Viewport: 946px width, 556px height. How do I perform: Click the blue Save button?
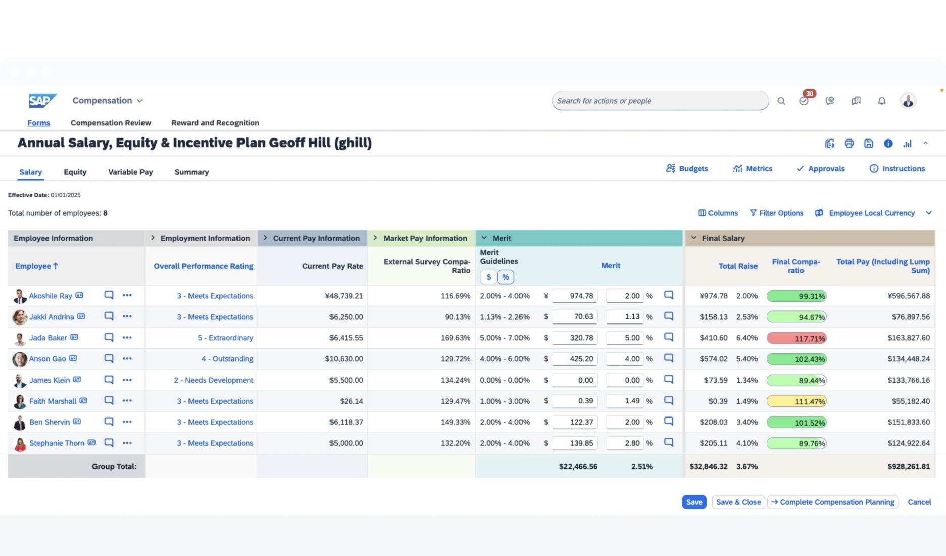click(x=694, y=502)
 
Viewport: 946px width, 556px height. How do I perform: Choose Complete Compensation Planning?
click(x=832, y=502)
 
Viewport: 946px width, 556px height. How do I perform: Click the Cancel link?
click(x=919, y=502)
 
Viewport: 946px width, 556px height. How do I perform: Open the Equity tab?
click(x=75, y=172)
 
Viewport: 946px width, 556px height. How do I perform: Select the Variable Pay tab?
click(x=130, y=172)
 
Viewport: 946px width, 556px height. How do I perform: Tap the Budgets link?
click(x=687, y=168)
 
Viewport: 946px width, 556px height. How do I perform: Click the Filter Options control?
click(x=777, y=213)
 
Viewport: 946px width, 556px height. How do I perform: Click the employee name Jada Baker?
click(x=48, y=338)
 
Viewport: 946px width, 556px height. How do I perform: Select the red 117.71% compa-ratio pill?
click(x=796, y=338)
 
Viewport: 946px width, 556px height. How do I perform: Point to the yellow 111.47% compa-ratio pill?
click(x=796, y=401)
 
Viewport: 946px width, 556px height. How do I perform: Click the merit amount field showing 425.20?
click(x=575, y=359)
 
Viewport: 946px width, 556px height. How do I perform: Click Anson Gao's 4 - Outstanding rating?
click(x=227, y=359)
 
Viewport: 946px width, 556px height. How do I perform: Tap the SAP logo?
click(x=42, y=101)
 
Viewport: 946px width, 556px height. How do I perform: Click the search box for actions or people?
click(x=660, y=101)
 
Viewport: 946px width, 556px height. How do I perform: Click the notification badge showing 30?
click(x=810, y=94)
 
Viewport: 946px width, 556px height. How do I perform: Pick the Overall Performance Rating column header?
click(x=203, y=266)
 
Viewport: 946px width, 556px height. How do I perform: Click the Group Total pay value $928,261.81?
click(x=909, y=466)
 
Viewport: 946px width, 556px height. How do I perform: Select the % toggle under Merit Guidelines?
click(x=506, y=277)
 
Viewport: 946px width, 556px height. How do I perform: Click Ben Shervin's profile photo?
click(x=20, y=422)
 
